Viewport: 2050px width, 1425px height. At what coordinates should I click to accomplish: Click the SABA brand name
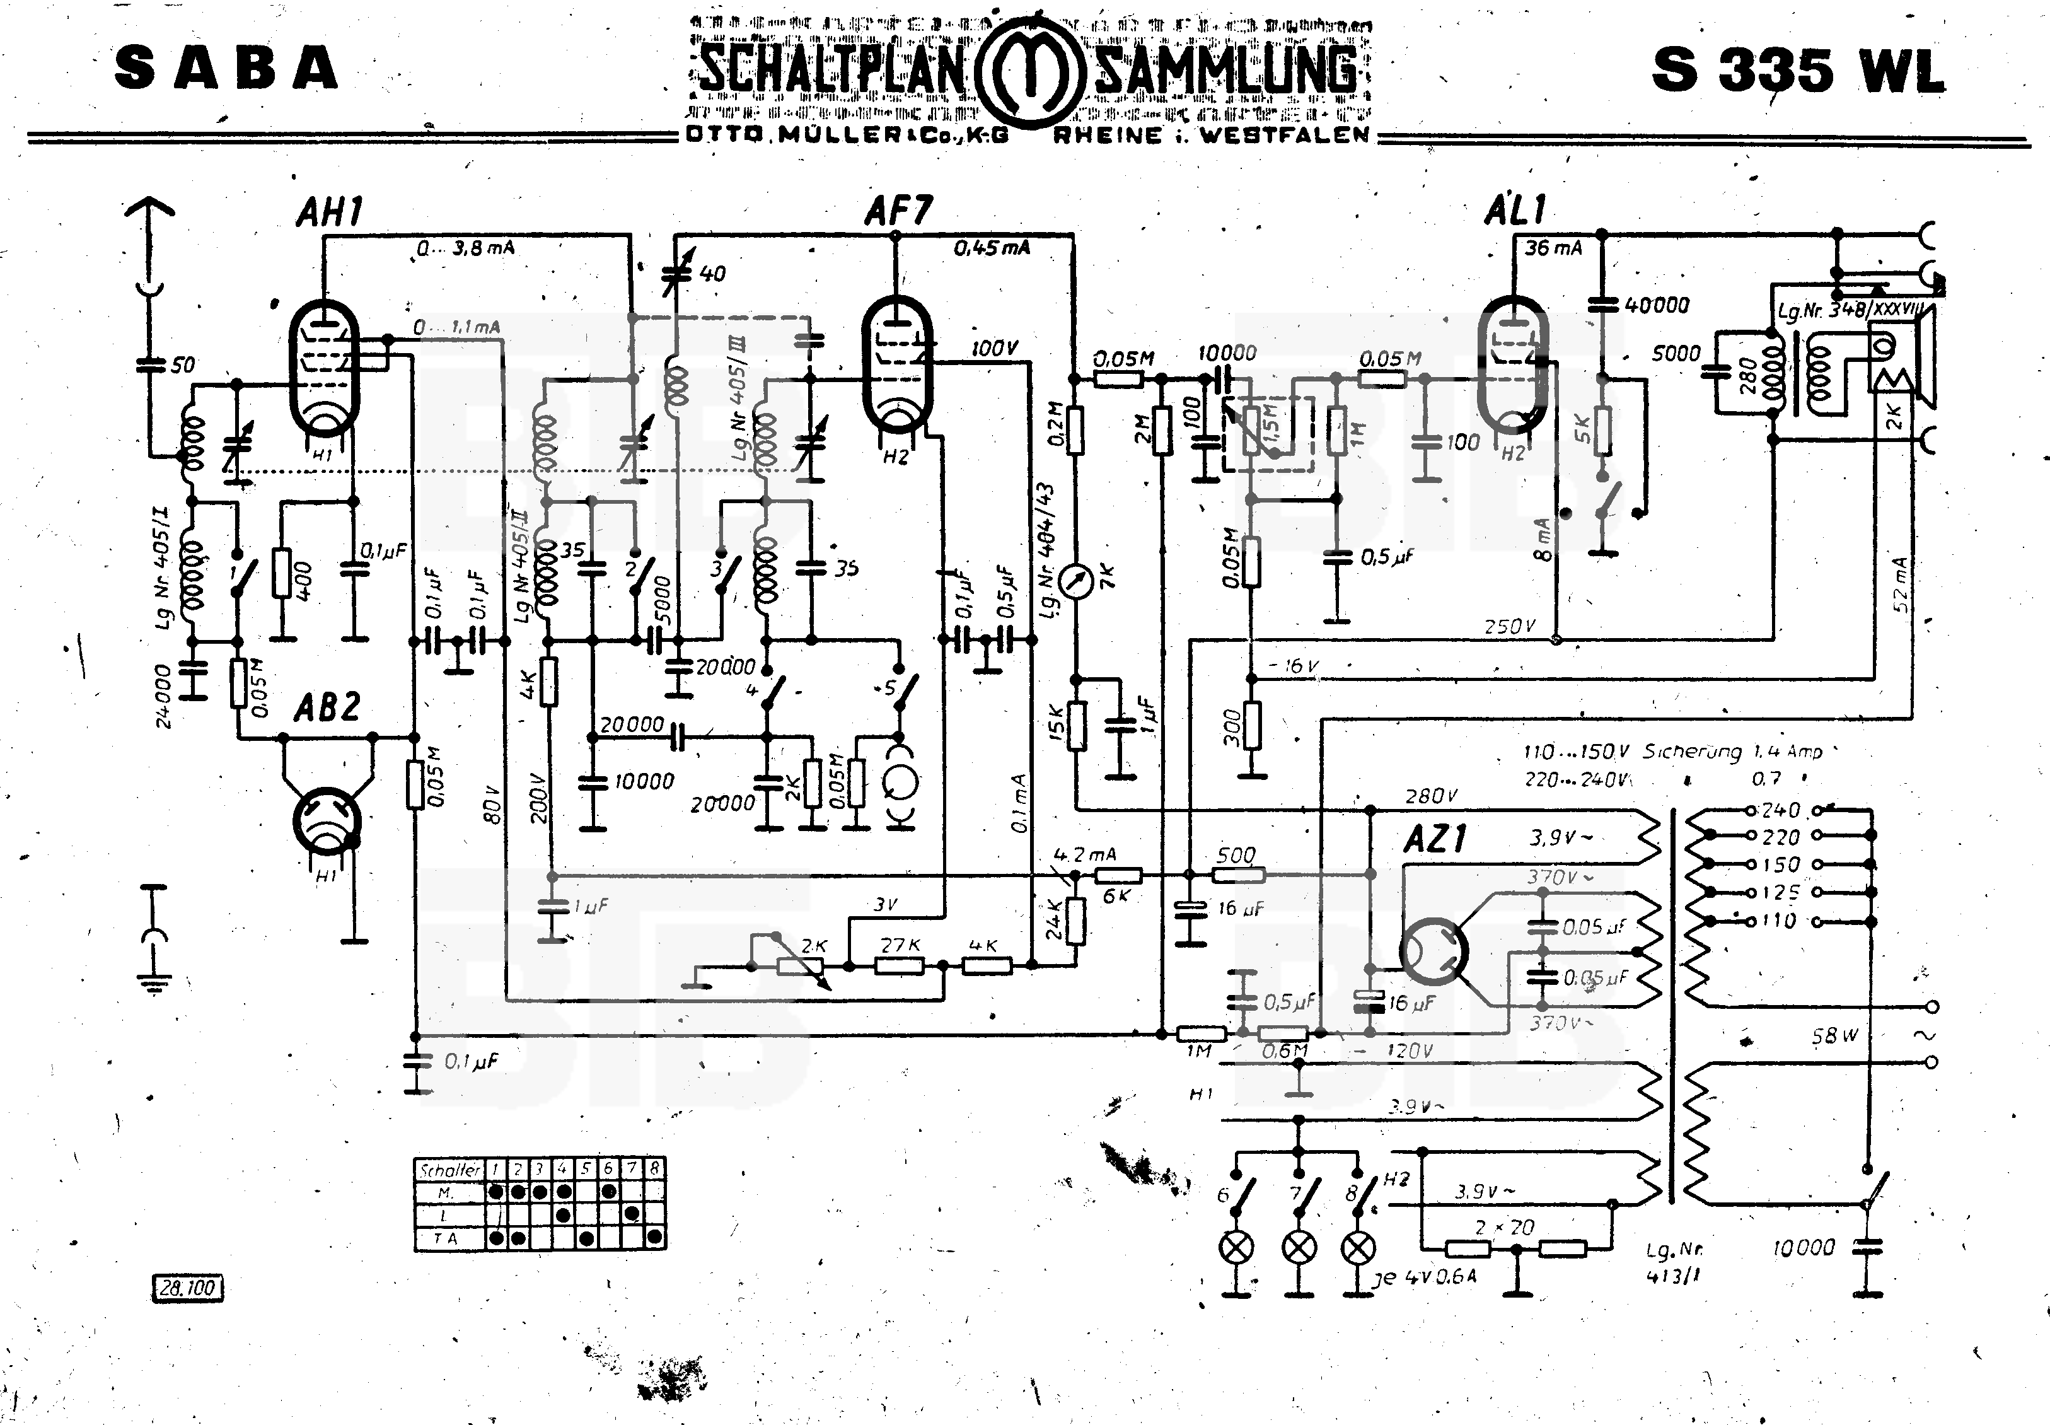pyautogui.click(x=226, y=69)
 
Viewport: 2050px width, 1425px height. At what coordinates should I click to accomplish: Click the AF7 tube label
pyautogui.click(x=898, y=212)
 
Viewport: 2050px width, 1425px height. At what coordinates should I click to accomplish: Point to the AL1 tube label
pyautogui.click(x=1515, y=211)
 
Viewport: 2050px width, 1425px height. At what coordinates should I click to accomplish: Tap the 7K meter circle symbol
pyautogui.click(x=1075, y=582)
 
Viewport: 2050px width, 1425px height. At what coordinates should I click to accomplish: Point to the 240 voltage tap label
pyautogui.click(x=1780, y=811)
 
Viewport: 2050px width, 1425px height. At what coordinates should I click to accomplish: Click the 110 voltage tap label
pyautogui.click(x=1778, y=921)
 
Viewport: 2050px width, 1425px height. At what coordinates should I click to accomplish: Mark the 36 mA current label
pyautogui.click(x=1553, y=248)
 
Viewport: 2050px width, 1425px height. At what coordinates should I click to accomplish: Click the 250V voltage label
pyautogui.click(x=1509, y=627)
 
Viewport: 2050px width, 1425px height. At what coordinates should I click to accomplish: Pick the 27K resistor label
pyautogui.click(x=900, y=945)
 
